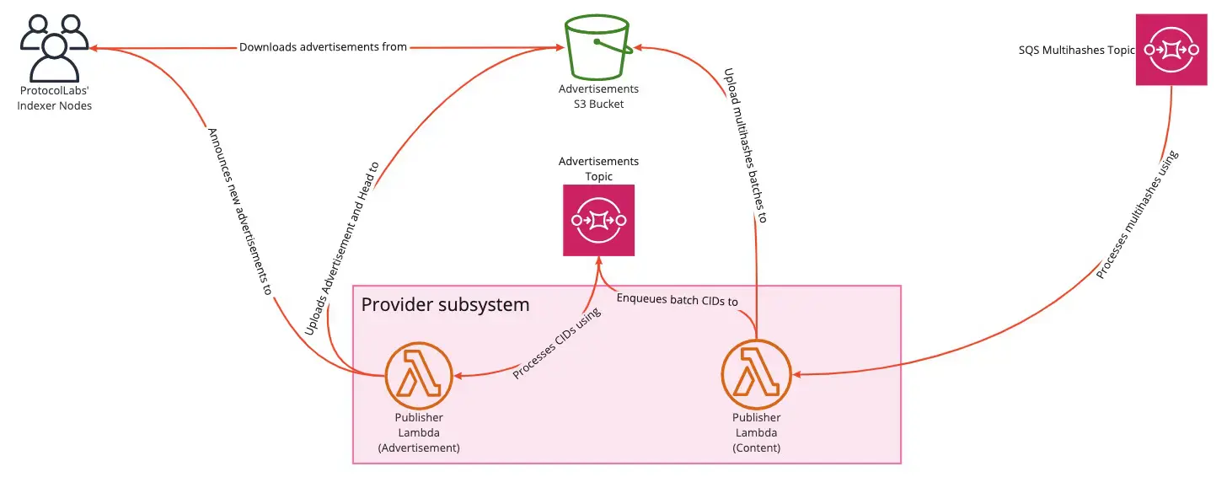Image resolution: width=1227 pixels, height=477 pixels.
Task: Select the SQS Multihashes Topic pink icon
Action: pyautogui.click(x=1172, y=50)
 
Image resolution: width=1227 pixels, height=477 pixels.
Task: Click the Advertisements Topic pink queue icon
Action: pyautogui.click(x=598, y=221)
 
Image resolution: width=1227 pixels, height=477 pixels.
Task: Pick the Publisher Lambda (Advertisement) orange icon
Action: pyautogui.click(x=419, y=378)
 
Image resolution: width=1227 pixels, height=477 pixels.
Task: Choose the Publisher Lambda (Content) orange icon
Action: pyautogui.click(x=756, y=378)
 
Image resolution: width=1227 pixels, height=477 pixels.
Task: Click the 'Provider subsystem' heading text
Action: pyautogui.click(x=445, y=304)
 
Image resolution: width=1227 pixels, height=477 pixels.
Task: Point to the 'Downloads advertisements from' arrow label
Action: pyautogui.click(x=323, y=47)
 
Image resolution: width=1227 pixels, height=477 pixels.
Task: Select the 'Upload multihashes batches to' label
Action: pyautogui.click(x=746, y=145)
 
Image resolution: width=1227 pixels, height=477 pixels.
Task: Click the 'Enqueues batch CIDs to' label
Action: pyautogui.click(x=677, y=301)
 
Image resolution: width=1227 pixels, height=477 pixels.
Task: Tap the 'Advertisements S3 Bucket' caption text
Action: pyautogui.click(x=598, y=96)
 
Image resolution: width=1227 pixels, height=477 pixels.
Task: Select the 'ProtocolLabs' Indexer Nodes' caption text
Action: pyautogui.click(x=54, y=98)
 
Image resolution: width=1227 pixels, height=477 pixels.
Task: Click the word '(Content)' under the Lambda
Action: pyautogui.click(x=756, y=448)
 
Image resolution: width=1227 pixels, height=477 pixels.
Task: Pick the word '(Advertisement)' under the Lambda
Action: pyautogui.click(x=419, y=448)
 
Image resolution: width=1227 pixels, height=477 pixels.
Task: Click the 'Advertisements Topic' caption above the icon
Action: pyautogui.click(x=598, y=169)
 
